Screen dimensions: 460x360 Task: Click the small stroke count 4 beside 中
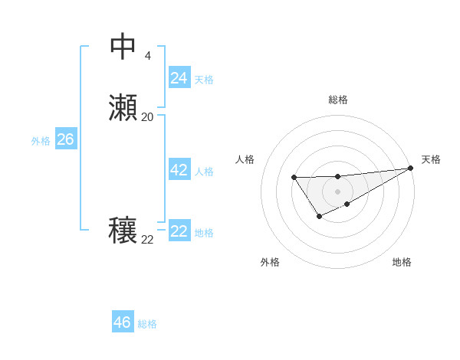[x=147, y=56]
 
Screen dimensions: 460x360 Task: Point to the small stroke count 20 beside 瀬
[x=147, y=117]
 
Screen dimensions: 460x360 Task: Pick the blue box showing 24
[x=179, y=78]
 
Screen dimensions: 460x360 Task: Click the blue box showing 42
[x=179, y=170]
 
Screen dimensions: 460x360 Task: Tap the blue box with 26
[x=65, y=139]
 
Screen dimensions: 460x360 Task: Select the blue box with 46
[x=122, y=322]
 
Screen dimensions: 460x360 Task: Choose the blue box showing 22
[x=179, y=231]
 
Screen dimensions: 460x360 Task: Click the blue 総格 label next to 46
[x=147, y=324]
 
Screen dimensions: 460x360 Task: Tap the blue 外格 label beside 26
[x=40, y=141]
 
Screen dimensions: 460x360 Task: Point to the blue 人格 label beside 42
[x=204, y=172]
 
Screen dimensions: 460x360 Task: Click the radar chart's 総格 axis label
[x=337, y=100]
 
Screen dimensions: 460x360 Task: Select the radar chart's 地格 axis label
[x=402, y=262]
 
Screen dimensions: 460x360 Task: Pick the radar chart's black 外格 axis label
[x=270, y=262]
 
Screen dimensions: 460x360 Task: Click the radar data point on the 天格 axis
[x=411, y=168]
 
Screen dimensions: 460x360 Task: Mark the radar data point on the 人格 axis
[x=294, y=178]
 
